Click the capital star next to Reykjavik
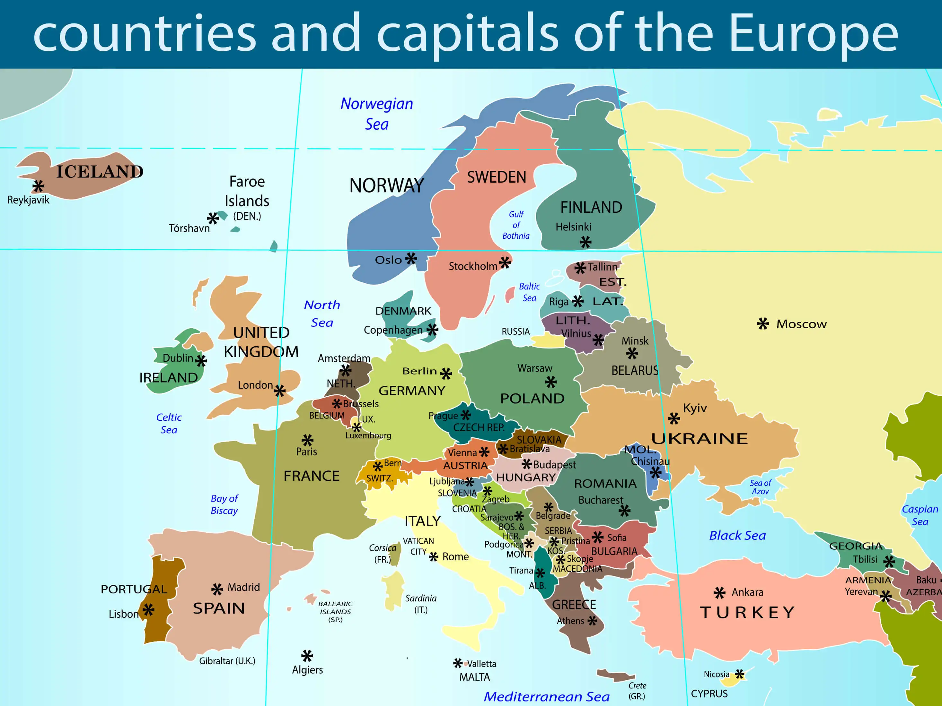pos(38,186)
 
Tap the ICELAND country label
pos(100,171)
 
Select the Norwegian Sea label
pos(376,114)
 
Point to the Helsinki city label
pos(573,227)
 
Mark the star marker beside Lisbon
pos(148,610)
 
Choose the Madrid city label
pos(243,587)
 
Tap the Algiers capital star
pos(307,656)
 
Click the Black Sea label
pos(737,535)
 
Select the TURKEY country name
pos(747,612)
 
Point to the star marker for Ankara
pos(719,592)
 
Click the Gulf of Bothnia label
pos(516,225)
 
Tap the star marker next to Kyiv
pos(674,419)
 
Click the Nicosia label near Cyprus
pos(716,674)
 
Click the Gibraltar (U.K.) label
pos(227,661)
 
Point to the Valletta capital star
pos(457,663)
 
